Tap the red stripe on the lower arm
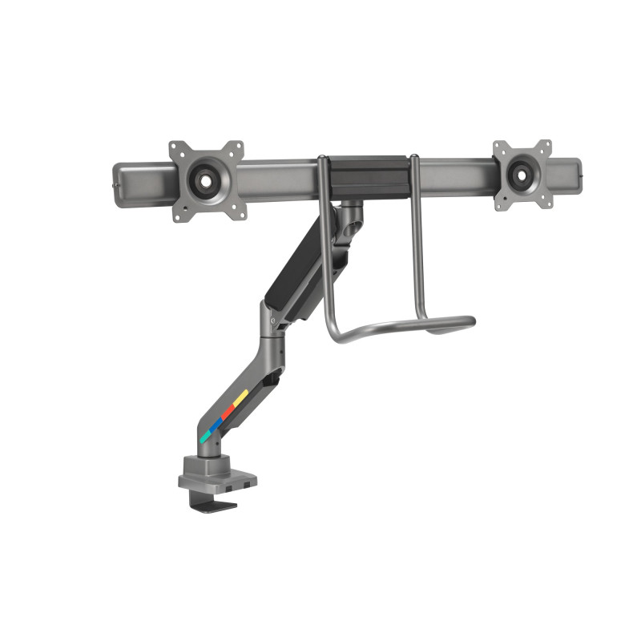(228, 409)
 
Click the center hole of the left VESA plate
(206, 181)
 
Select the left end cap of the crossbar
(118, 183)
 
